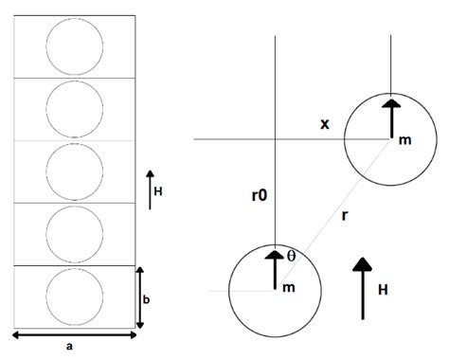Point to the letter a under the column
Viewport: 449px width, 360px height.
(70, 347)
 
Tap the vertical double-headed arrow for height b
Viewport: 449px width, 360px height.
(140, 297)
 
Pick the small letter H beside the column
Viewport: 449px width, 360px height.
(158, 190)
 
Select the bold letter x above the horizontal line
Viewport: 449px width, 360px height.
(325, 124)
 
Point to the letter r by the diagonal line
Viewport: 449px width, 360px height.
(344, 215)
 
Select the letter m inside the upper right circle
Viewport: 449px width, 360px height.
(404, 140)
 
